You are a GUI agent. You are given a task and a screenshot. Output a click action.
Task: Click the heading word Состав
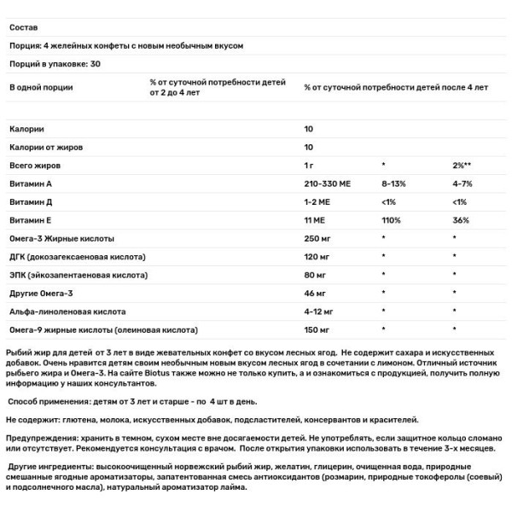[22, 27]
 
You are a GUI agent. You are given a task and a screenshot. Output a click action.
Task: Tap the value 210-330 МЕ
[329, 183]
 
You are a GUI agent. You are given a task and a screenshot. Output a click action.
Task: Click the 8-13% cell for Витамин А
[394, 183]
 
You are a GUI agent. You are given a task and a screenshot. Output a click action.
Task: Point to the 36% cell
[461, 219]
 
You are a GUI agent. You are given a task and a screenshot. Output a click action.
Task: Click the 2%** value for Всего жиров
[463, 164]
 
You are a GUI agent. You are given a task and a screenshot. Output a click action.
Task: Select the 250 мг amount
[317, 238]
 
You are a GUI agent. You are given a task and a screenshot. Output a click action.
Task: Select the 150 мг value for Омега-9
[317, 329]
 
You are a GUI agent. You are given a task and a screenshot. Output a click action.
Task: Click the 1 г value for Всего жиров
[310, 164]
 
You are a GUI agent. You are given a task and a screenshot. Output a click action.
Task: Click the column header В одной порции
[41, 87]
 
